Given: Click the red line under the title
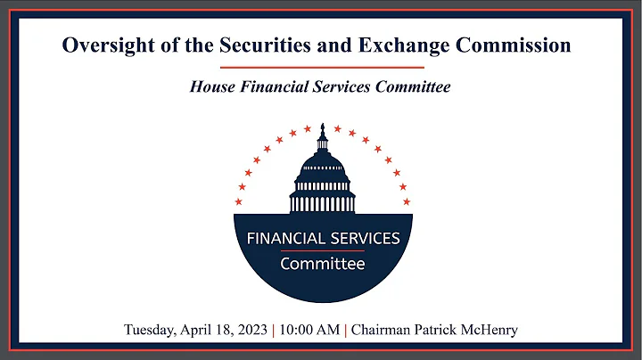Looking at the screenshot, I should pos(320,68).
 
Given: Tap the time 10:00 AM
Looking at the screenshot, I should pos(309,331).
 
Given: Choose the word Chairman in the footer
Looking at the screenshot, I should pos(382,331).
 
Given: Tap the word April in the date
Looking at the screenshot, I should pos(198,331).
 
